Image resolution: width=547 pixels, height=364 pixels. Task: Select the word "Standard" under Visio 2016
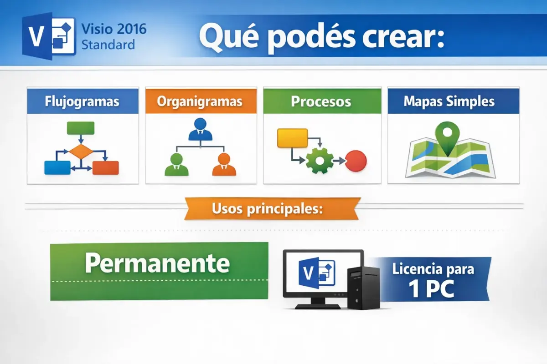pos(108,45)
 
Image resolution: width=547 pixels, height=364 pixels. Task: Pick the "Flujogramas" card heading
pos(83,101)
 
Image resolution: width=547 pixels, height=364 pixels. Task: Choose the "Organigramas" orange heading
pos(200,101)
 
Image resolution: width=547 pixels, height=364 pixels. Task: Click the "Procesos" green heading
pos(321,101)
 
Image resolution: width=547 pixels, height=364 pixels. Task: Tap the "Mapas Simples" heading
pos(449,101)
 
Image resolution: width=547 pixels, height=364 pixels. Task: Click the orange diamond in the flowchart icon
pos(80,151)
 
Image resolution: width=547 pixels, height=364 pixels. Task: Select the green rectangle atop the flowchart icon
pos(80,128)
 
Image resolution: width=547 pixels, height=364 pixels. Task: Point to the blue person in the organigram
pos(200,130)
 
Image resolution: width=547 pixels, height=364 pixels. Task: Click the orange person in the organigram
pos(224,165)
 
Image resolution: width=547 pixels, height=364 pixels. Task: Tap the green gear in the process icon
pos(320,160)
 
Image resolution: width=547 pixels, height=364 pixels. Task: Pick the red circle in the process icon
pos(356,160)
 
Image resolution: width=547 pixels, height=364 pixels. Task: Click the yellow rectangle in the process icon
pos(292,138)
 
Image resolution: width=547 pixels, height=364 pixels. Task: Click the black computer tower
pos(363,288)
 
